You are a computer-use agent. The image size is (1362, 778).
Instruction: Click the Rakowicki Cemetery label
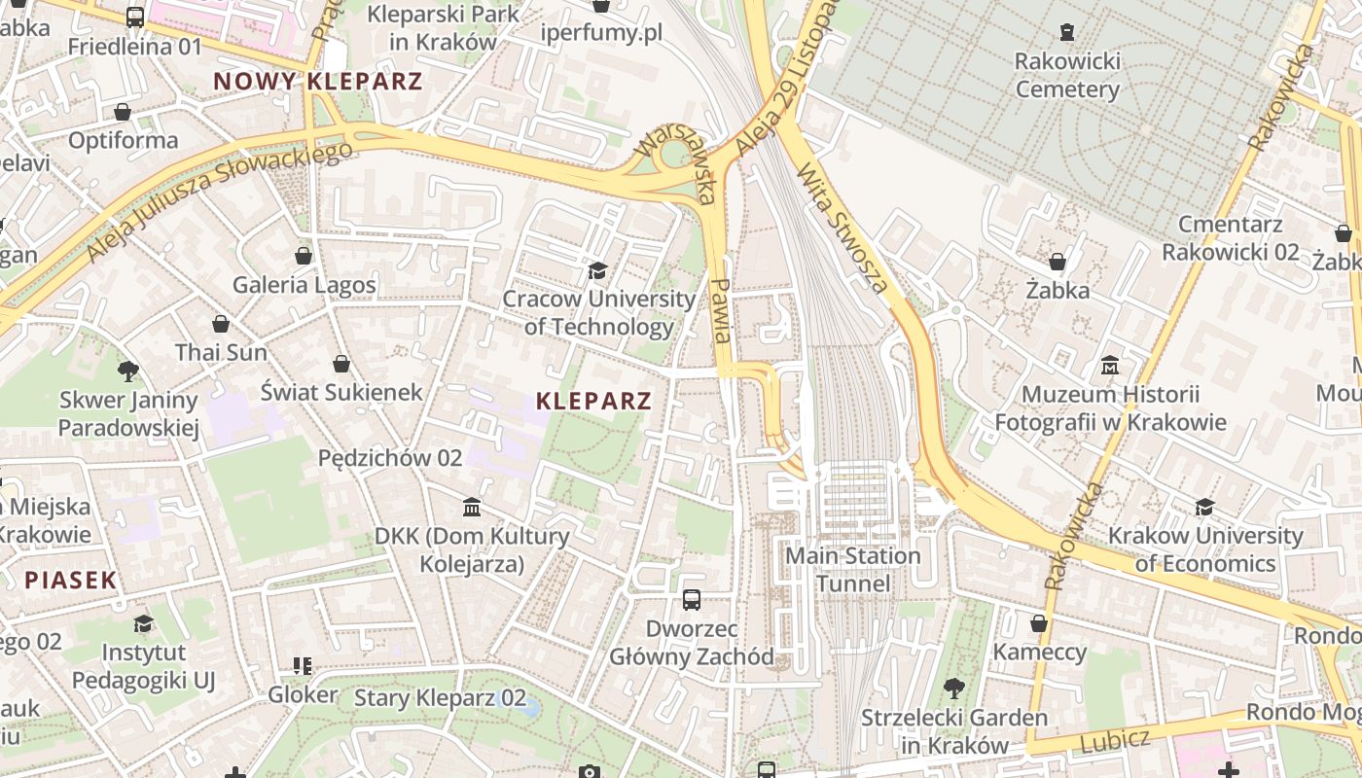click(x=1067, y=76)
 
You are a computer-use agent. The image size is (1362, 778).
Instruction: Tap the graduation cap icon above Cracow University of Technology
click(x=597, y=270)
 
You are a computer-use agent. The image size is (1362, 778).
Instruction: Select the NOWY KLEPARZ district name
click(x=318, y=82)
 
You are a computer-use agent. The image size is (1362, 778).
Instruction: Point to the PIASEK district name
click(x=70, y=581)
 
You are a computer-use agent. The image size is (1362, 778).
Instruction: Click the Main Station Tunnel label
click(x=852, y=570)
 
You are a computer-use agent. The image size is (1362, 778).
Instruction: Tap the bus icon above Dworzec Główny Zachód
click(x=692, y=600)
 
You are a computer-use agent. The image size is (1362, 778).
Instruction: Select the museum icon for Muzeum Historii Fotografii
click(x=1109, y=366)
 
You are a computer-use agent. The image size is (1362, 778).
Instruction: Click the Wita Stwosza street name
click(x=842, y=230)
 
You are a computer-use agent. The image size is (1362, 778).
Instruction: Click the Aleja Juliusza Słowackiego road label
click(x=218, y=202)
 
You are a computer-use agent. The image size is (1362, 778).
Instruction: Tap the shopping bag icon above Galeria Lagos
click(x=304, y=256)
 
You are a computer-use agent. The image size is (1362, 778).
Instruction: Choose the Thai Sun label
click(x=221, y=352)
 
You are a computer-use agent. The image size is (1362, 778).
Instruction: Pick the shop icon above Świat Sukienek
click(x=340, y=364)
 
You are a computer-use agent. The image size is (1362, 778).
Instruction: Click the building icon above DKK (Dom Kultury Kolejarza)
click(x=472, y=507)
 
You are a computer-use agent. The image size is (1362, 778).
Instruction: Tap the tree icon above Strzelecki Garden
click(x=953, y=689)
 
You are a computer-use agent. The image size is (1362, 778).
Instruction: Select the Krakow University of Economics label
click(x=1205, y=549)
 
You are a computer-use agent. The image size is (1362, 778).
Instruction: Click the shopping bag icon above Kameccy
click(x=1039, y=623)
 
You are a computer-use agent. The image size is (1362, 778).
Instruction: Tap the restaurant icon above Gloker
click(x=303, y=666)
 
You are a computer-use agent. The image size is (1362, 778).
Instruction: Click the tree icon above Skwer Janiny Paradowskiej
click(x=127, y=371)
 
